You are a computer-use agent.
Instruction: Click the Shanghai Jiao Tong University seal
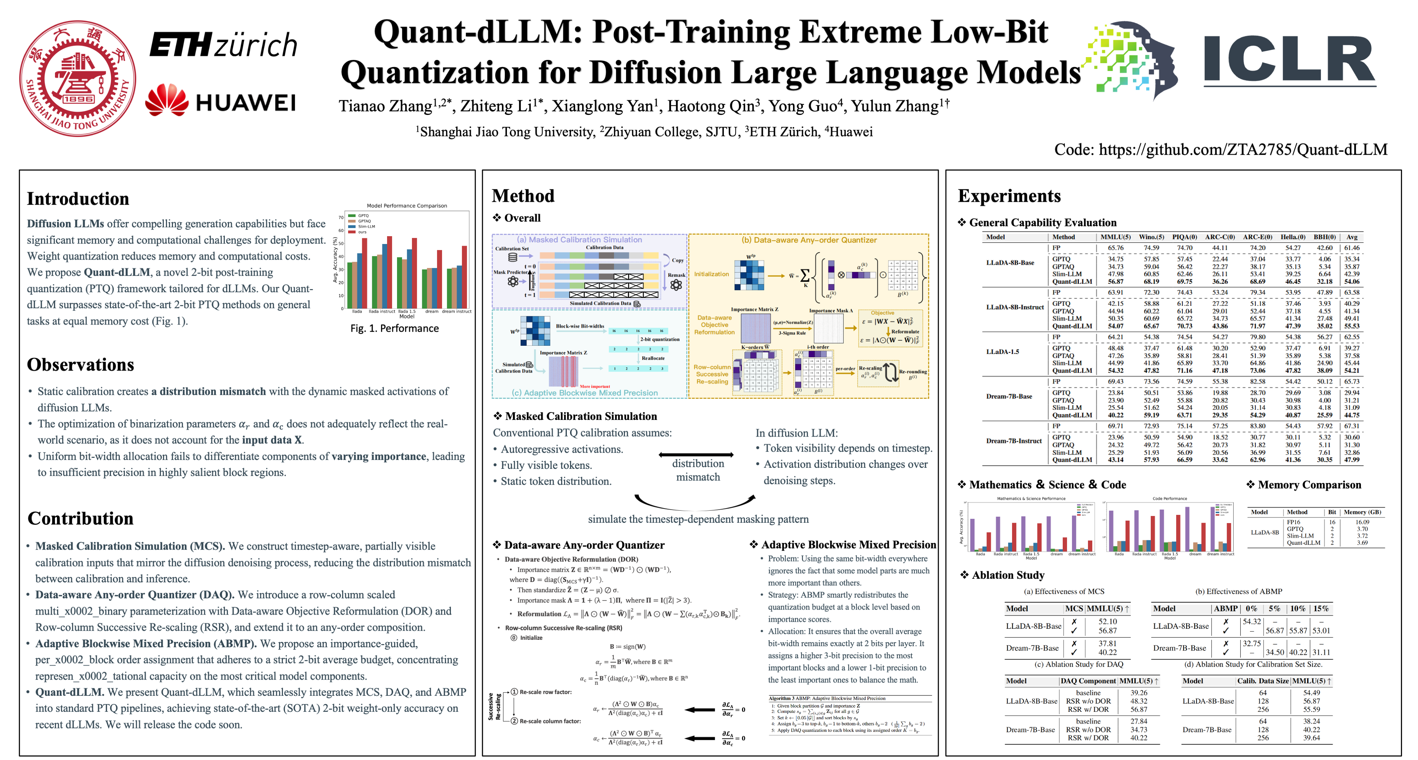[78, 78]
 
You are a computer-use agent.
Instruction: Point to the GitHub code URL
[1221, 149]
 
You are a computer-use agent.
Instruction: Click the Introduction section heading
[78, 198]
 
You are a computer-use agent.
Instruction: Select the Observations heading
[80, 365]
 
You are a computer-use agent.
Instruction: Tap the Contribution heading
[80, 518]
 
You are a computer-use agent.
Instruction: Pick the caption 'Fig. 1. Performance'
[395, 328]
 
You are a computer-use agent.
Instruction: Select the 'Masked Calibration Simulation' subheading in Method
[581, 416]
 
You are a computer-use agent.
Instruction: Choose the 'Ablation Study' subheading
[1008, 575]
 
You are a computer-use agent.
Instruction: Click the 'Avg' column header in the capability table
[1352, 237]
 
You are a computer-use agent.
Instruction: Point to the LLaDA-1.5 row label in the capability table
[1003, 351]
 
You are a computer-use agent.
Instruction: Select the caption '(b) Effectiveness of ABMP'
[1239, 592]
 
